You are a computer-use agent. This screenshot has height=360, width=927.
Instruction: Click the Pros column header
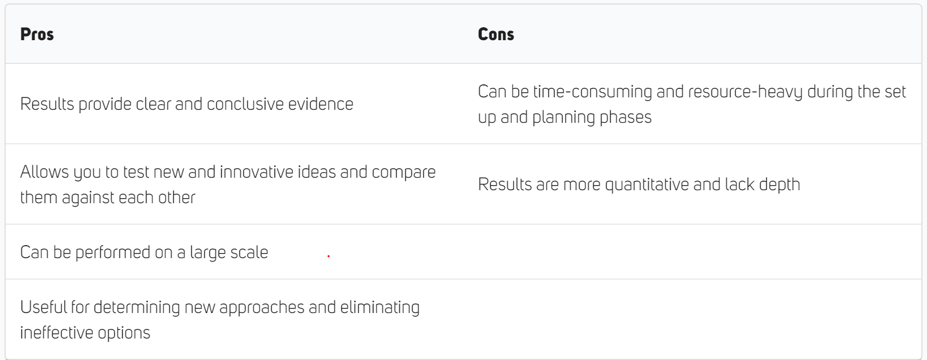pyautogui.click(x=37, y=35)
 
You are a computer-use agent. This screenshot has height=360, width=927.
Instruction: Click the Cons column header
pyautogui.click(x=496, y=35)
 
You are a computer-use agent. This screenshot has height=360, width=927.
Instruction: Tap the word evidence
pyautogui.click(x=321, y=104)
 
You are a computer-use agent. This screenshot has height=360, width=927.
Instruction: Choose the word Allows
pyautogui.click(x=44, y=172)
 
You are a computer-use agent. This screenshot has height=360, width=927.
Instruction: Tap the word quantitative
pyautogui.click(x=647, y=185)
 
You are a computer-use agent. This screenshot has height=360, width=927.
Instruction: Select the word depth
pyautogui.click(x=779, y=185)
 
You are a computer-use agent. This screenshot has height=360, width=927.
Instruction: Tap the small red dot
pyautogui.click(x=329, y=256)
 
